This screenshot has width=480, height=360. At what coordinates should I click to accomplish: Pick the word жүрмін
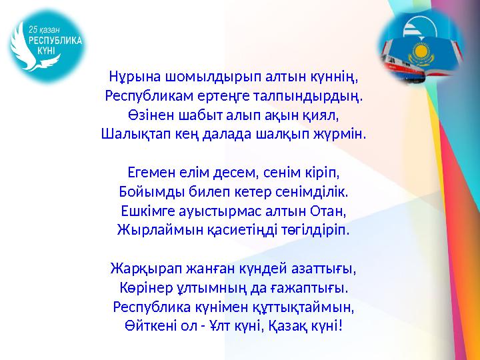pos(344,133)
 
